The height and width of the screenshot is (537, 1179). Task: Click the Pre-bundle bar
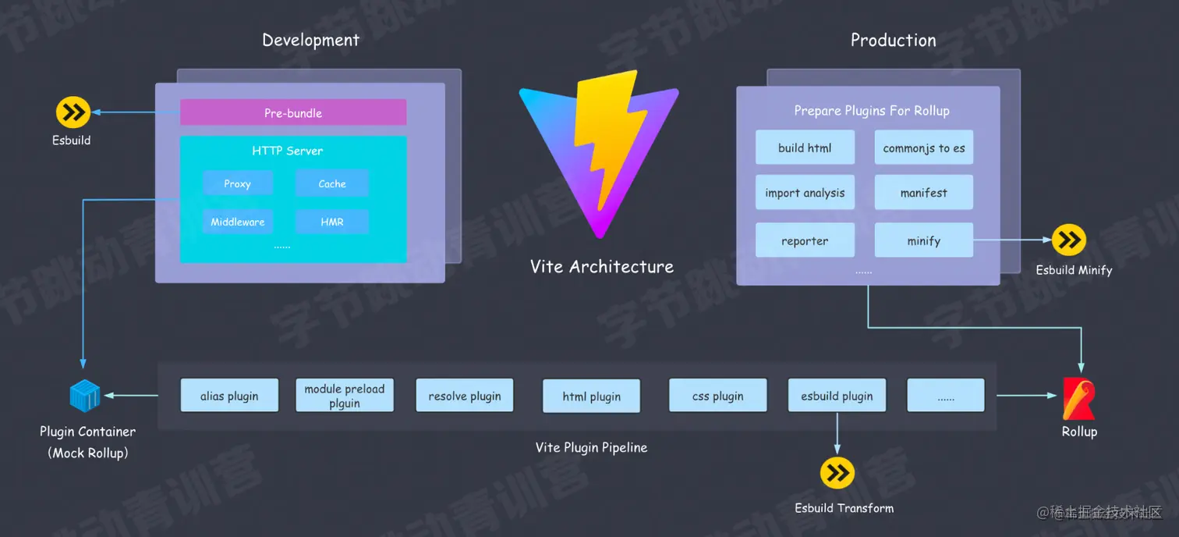tap(293, 112)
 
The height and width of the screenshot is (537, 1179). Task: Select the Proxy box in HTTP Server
tap(238, 183)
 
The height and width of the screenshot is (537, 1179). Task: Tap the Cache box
tap(331, 183)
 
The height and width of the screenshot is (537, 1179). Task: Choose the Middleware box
tap(238, 222)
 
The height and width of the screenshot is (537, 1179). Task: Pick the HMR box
tap(331, 222)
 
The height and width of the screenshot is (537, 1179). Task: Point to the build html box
tap(805, 148)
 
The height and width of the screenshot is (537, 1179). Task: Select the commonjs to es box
tap(924, 148)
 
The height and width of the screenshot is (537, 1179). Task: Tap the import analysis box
tap(805, 193)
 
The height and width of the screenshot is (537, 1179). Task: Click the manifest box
tap(924, 193)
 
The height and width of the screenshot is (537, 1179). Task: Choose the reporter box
tap(805, 240)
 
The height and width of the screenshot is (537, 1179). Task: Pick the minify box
tap(924, 240)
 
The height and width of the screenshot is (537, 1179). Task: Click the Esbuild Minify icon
tap(1068, 240)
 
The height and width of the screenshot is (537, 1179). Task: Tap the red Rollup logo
tap(1079, 398)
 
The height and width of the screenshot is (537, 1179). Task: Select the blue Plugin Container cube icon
tap(84, 397)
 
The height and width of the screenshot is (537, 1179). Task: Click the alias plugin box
tap(229, 396)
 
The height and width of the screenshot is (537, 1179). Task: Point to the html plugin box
tap(592, 397)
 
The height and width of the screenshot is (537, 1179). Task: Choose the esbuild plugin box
tap(837, 396)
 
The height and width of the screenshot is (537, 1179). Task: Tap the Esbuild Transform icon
tap(837, 473)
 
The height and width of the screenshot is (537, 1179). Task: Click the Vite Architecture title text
tap(601, 267)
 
